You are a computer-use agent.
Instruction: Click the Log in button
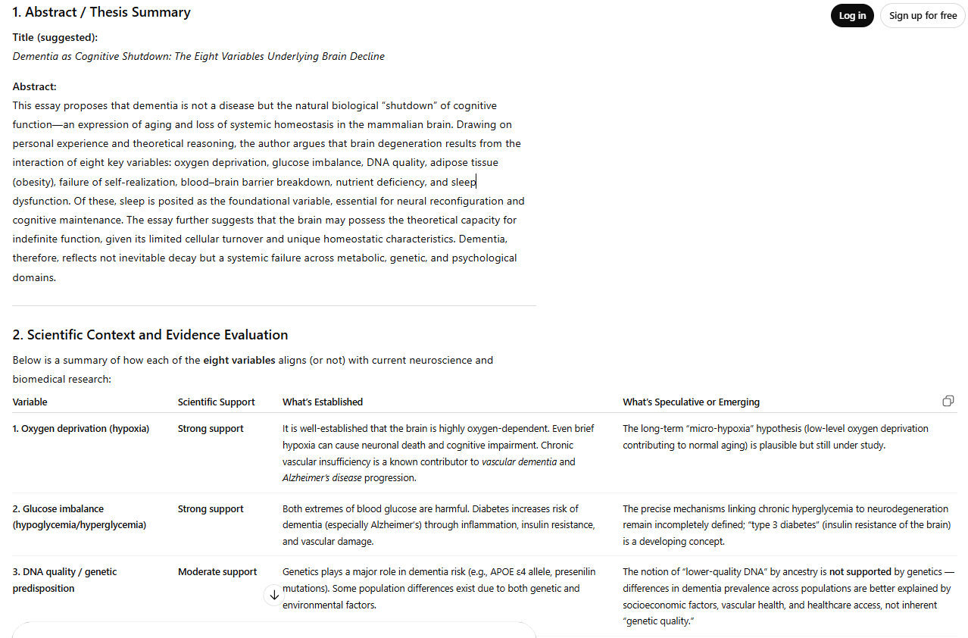click(852, 16)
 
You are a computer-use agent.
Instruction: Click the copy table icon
click(948, 401)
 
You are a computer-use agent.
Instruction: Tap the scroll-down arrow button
click(273, 596)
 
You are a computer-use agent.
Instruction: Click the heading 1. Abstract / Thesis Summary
click(101, 12)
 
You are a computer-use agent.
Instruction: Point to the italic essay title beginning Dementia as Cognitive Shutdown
click(198, 56)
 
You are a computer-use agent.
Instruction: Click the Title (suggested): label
click(55, 37)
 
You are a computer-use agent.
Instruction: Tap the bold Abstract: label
click(34, 86)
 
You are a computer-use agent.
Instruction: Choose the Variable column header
click(30, 402)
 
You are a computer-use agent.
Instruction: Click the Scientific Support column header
click(216, 402)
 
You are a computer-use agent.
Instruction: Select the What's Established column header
click(323, 402)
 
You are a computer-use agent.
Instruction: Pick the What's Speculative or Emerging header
click(691, 402)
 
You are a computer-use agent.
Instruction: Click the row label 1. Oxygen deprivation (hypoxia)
click(81, 429)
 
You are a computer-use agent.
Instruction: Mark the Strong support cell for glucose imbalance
click(211, 509)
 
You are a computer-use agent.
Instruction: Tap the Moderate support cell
click(217, 572)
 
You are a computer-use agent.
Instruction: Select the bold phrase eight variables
click(239, 360)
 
